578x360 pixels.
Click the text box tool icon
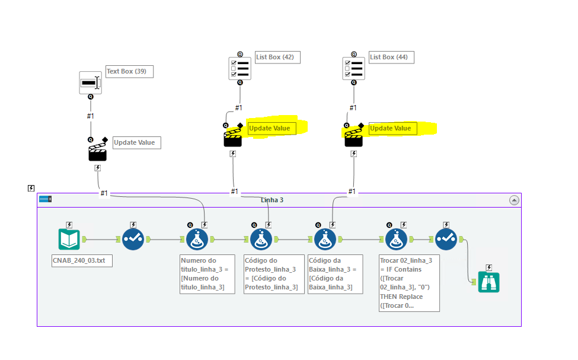[x=91, y=83]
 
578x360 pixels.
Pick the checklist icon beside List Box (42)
[x=239, y=68]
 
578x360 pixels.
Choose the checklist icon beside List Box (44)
[x=353, y=68]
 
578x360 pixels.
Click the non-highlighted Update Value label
[x=137, y=142]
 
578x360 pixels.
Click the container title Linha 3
[x=272, y=200]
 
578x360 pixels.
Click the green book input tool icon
[x=69, y=240]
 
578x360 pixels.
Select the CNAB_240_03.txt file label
[x=82, y=260]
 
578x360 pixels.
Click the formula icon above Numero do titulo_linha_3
[x=197, y=240]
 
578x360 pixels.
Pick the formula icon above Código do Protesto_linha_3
[x=261, y=240]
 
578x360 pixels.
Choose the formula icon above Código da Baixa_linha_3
[x=325, y=240]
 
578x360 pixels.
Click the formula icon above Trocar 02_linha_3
[x=396, y=240]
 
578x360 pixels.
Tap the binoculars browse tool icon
[x=489, y=282]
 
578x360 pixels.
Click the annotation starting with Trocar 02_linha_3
[x=409, y=283]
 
